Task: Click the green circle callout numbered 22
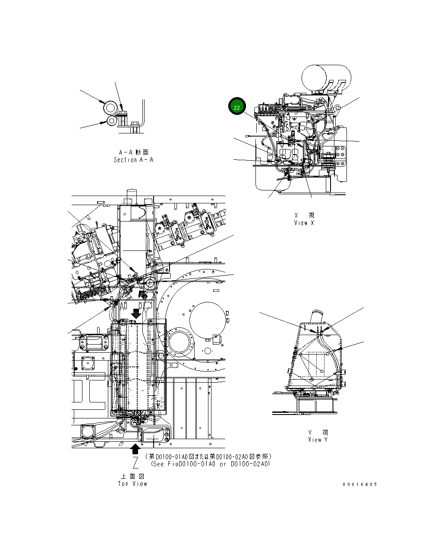[x=237, y=107]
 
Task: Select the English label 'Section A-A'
[x=133, y=160]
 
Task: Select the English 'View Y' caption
[x=318, y=440]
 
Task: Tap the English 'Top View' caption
[x=132, y=484]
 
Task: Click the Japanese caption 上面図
[x=132, y=476]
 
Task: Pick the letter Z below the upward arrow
[x=135, y=463]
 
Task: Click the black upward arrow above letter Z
[x=135, y=449]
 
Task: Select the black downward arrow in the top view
[x=136, y=313]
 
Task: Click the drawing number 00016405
[x=360, y=484]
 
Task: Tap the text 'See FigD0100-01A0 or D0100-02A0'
[x=211, y=464]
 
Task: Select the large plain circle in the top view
[x=208, y=320]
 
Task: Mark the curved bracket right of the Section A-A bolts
[x=142, y=113]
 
